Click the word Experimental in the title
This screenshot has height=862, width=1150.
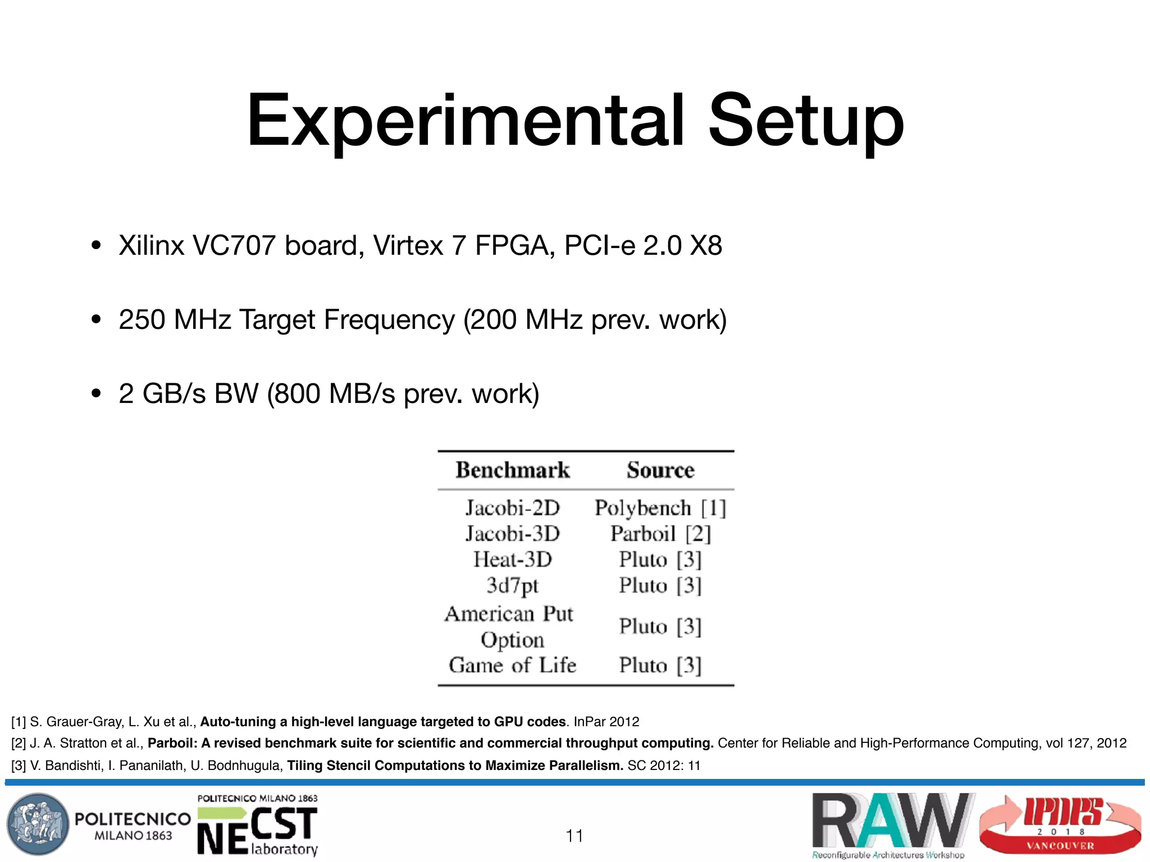[465, 122]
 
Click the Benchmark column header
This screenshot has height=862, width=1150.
[512, 470]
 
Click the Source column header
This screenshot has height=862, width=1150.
[660, 470]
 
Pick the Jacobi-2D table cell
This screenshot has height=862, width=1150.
[512, 508]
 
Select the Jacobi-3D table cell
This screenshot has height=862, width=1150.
[512, 534]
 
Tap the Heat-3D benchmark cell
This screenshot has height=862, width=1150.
[512, 560]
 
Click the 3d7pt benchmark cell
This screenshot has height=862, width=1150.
[512, 586]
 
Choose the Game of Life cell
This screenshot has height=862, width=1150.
[512, 666]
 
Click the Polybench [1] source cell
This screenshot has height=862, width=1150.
[660, 508]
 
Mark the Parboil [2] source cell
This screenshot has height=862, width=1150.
[660, 534]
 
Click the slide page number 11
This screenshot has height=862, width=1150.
[574, 836]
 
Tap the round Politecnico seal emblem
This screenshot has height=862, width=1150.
[38, 824]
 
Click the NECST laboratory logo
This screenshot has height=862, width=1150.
[258, 825]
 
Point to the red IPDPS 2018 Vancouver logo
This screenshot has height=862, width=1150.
[1061, 824]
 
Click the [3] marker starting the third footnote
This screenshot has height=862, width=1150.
[19, 766]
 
